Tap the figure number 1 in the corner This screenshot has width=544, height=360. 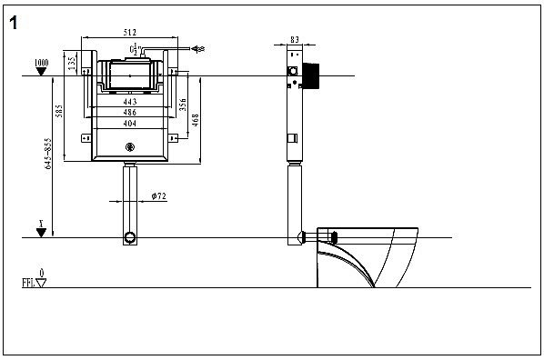15,23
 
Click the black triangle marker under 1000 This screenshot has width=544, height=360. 40,78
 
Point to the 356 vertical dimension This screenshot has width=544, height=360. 183,104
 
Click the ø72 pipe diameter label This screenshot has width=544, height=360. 156,195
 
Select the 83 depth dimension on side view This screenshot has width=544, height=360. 294,39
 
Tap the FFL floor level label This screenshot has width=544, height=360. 28,283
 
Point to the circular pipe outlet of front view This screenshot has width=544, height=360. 130,238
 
